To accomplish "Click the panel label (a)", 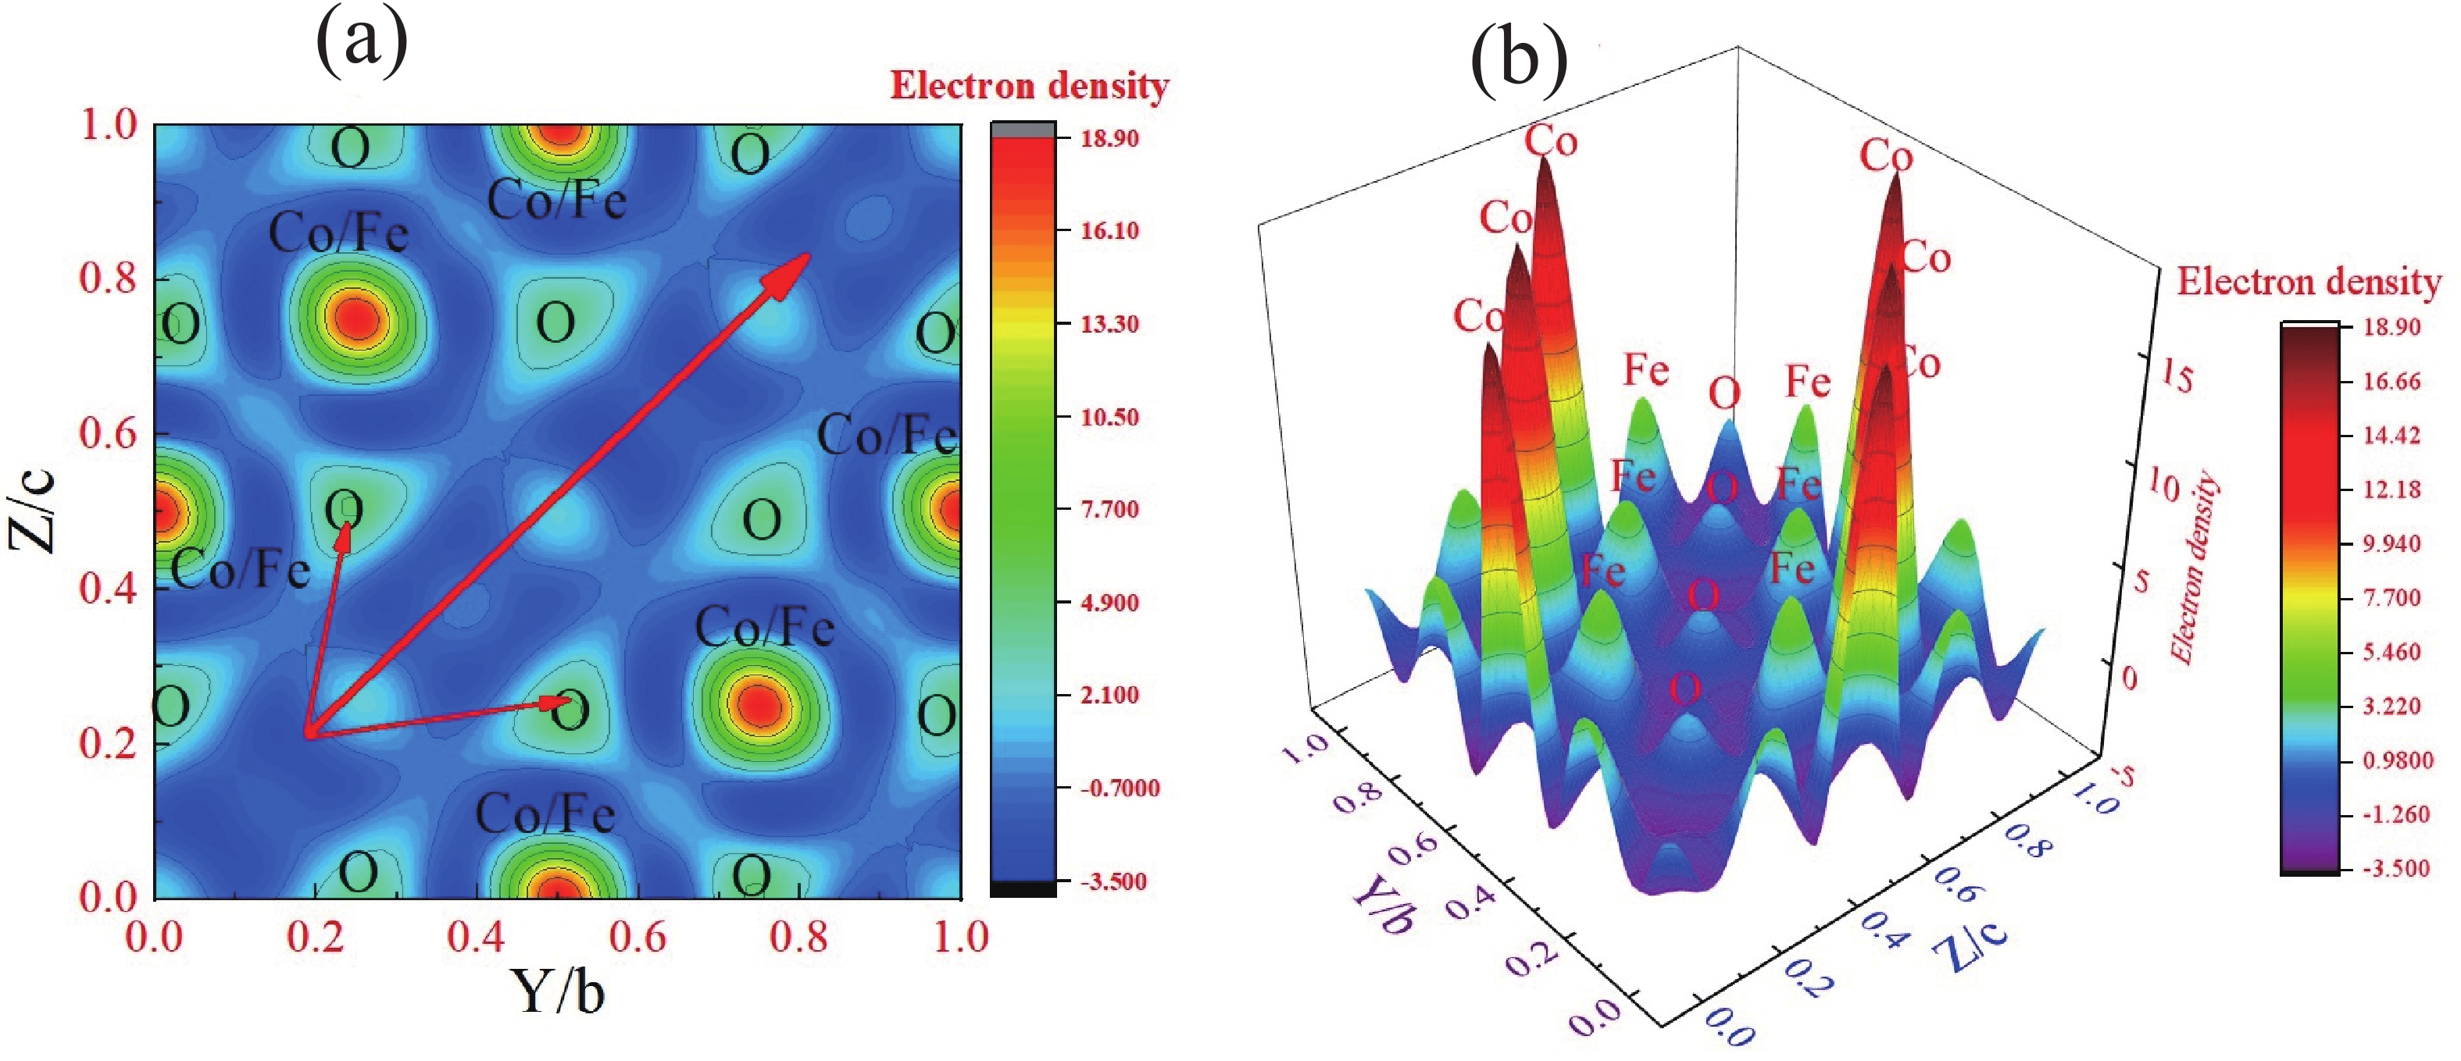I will click(x=361, y=43).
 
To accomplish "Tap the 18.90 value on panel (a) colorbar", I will click(x=1109, y=138).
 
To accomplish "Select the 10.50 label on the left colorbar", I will click(x=1109, y=418).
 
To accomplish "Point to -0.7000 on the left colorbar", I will click(x=1119, y=789).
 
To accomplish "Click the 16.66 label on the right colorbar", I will click(x=2391, y=382).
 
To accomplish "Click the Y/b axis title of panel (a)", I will click(x=559, y=992).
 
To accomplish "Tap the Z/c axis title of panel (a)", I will click(x=34, y=511).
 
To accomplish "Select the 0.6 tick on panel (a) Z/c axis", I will click(x=108, y=433).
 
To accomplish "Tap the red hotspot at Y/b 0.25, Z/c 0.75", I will click(x=356, y=318).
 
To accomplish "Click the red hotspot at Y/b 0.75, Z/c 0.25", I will click(x=759, y=705).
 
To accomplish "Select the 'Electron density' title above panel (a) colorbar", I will click(x=1029, y=86).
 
